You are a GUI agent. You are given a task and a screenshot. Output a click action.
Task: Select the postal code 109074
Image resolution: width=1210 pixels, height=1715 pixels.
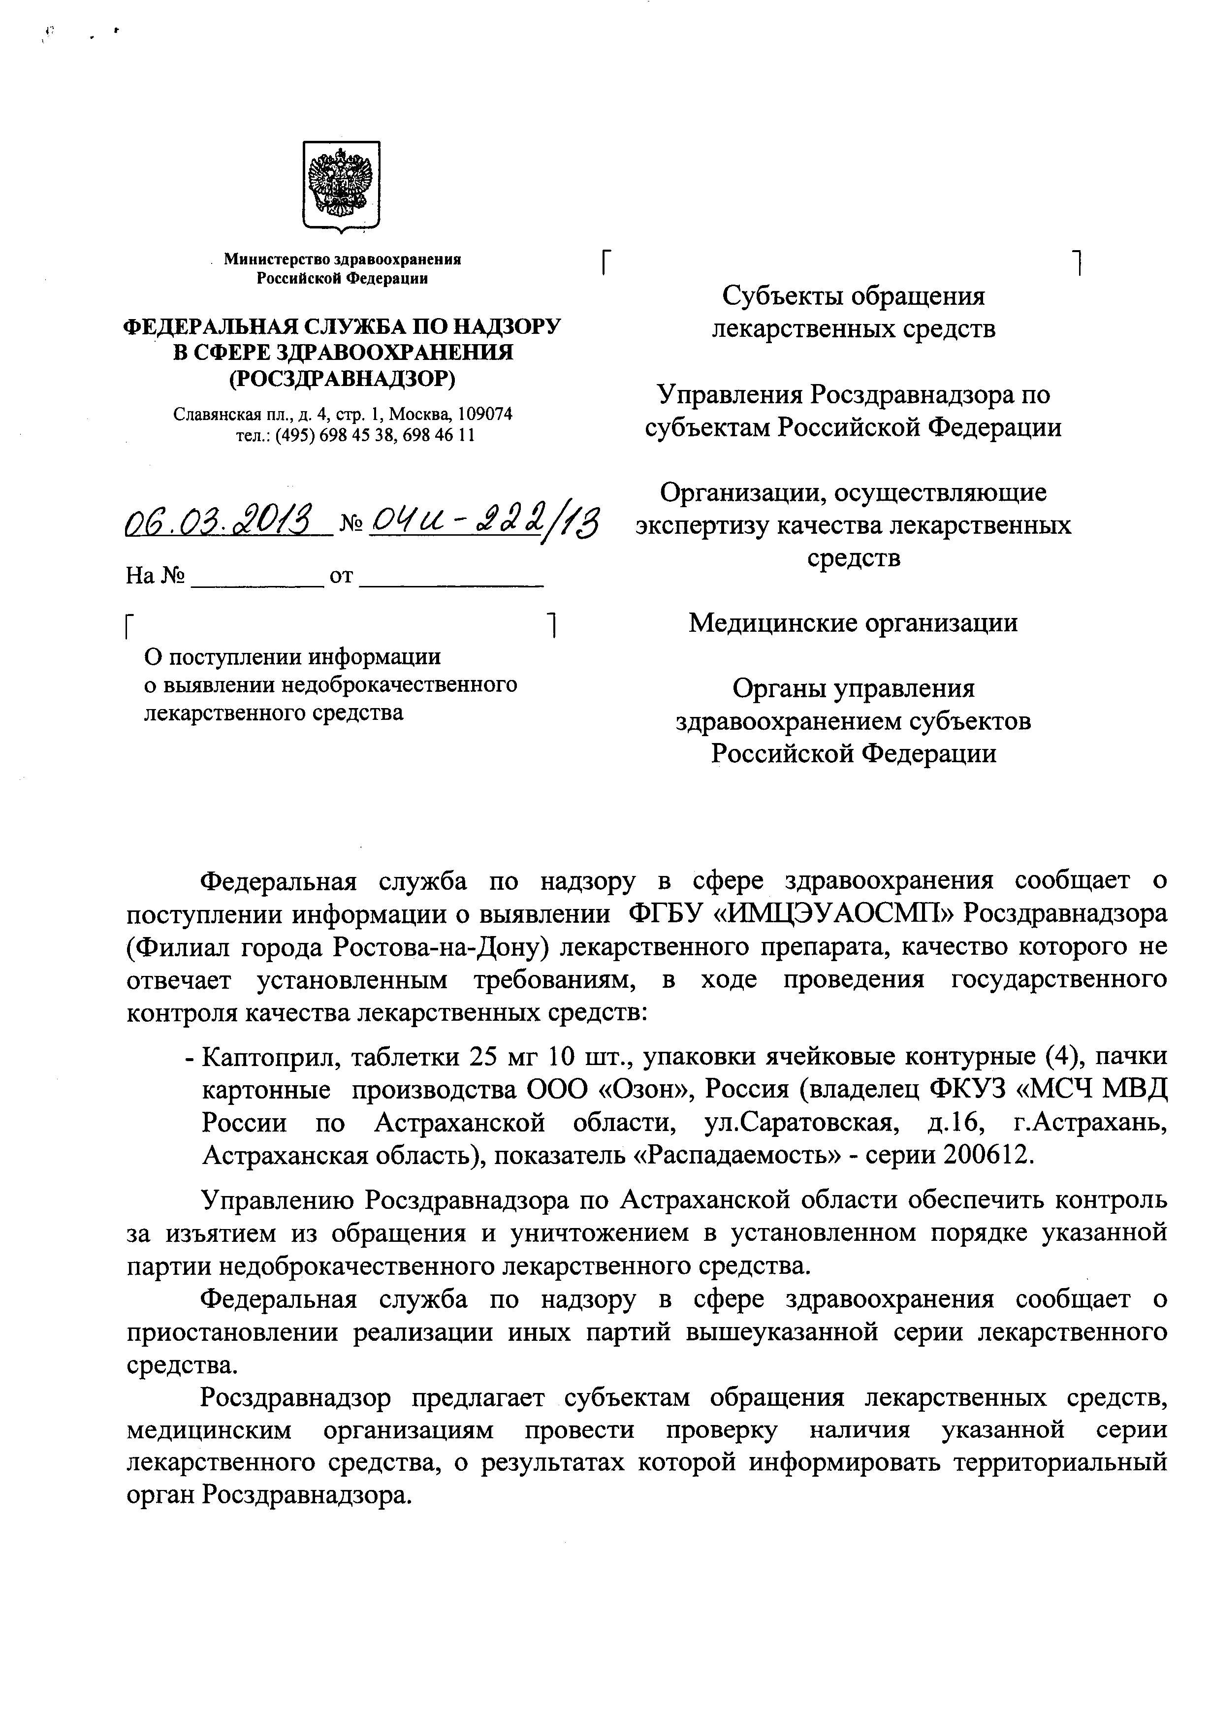click(x=485, y=414)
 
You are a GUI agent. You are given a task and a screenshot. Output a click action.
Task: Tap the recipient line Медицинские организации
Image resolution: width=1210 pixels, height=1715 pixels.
click(x=853, y=622)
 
